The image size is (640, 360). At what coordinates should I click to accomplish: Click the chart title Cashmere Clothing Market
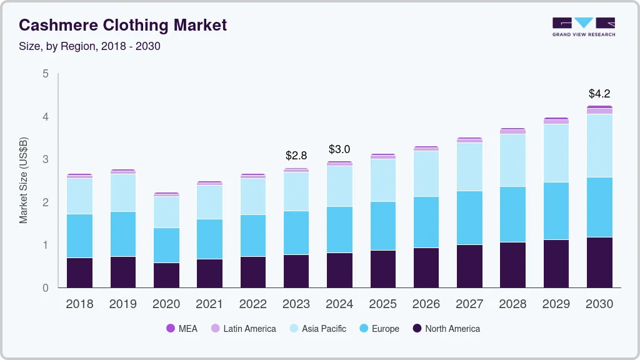pos(122,25)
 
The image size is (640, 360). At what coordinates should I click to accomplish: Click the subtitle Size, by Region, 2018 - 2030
pos(89,46)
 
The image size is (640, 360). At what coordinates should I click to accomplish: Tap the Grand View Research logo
pos(583,26)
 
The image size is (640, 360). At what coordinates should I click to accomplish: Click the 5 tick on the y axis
pos(45,74)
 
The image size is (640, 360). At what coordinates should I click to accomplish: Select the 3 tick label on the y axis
pos(45,159)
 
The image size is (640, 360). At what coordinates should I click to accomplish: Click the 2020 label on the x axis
pos(166,304)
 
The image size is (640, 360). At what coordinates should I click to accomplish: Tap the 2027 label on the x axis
pos(469,304)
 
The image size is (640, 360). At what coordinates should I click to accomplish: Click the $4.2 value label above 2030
pos(599,94)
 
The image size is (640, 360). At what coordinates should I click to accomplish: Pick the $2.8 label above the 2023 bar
pos(296,155)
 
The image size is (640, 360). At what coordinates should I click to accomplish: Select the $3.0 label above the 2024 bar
pos(339,149)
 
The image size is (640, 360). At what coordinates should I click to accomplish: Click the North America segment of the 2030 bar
pos(599,262)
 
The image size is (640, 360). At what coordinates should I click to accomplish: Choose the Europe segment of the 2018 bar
pos(79,236)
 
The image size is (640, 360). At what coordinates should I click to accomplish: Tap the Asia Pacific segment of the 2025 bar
pos(382,180)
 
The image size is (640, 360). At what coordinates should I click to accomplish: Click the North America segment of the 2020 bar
pos(166,275)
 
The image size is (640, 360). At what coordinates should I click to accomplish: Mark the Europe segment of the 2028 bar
pos(512,214)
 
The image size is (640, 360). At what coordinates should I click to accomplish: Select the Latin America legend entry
pos(243,329)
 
